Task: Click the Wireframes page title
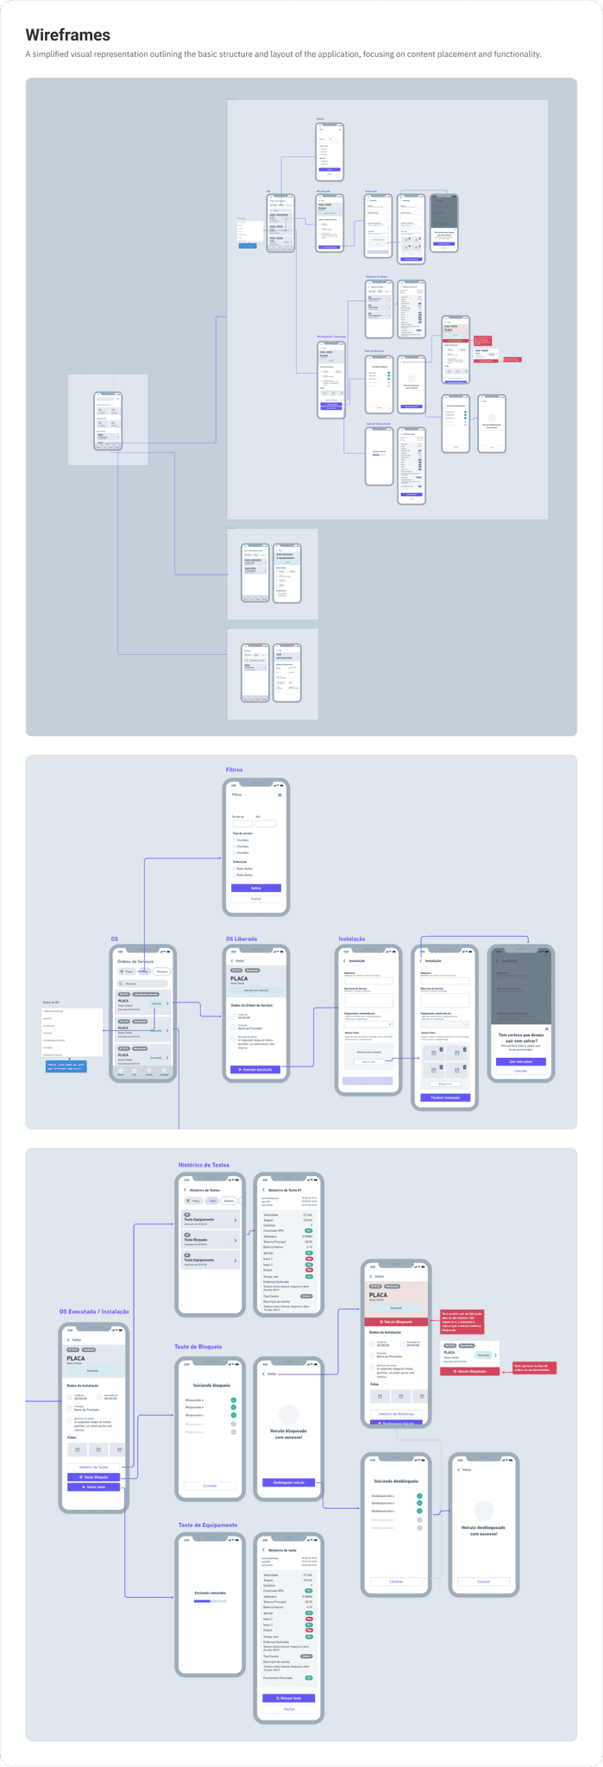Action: tap(68, 35)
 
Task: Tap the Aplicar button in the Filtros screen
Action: tap(256, 888)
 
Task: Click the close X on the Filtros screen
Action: tap(280, 795)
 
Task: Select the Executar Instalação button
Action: tap(255, 1069)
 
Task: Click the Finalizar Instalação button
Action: tap(447, 1097)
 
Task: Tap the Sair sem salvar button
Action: tap(521, 1061)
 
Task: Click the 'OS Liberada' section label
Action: tap(242, 939)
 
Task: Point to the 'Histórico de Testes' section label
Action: tap(204, 1165)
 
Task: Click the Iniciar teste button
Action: tap(94, 1487)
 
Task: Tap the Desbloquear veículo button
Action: tap(289, 1482)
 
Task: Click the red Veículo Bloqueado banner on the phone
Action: tap(396, 1322)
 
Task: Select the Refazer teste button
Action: tap(289, 1698)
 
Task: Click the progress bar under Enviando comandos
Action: tap(210, 1600)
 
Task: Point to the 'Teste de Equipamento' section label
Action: tap(208, 1525)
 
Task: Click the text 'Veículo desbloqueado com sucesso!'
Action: tap(483, 1531)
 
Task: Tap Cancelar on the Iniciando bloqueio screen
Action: tap(210, 1486)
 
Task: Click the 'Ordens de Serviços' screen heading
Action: tap(135, 961)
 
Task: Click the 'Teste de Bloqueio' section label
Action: tap(198, 1347)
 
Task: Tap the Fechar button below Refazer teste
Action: tap(289, 1708)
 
